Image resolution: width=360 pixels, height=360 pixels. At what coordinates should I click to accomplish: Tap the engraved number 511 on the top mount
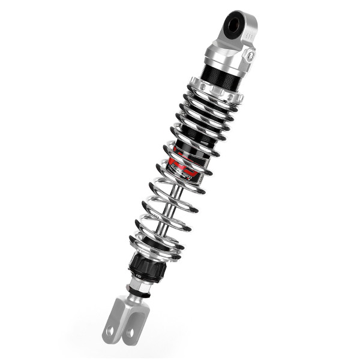click(253, 37)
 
